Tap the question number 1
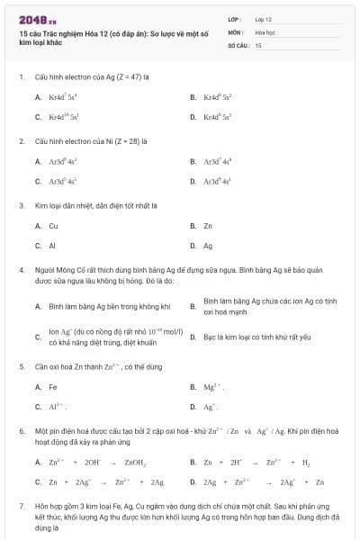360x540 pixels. point(21,77)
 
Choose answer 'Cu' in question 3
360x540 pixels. point(53,225)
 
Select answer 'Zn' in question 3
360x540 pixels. point(208,225)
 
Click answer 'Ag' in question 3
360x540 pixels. point(208,244)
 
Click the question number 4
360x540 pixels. point(21,270)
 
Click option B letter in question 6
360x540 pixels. point(193,463)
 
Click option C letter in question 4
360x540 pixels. point(38,337)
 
